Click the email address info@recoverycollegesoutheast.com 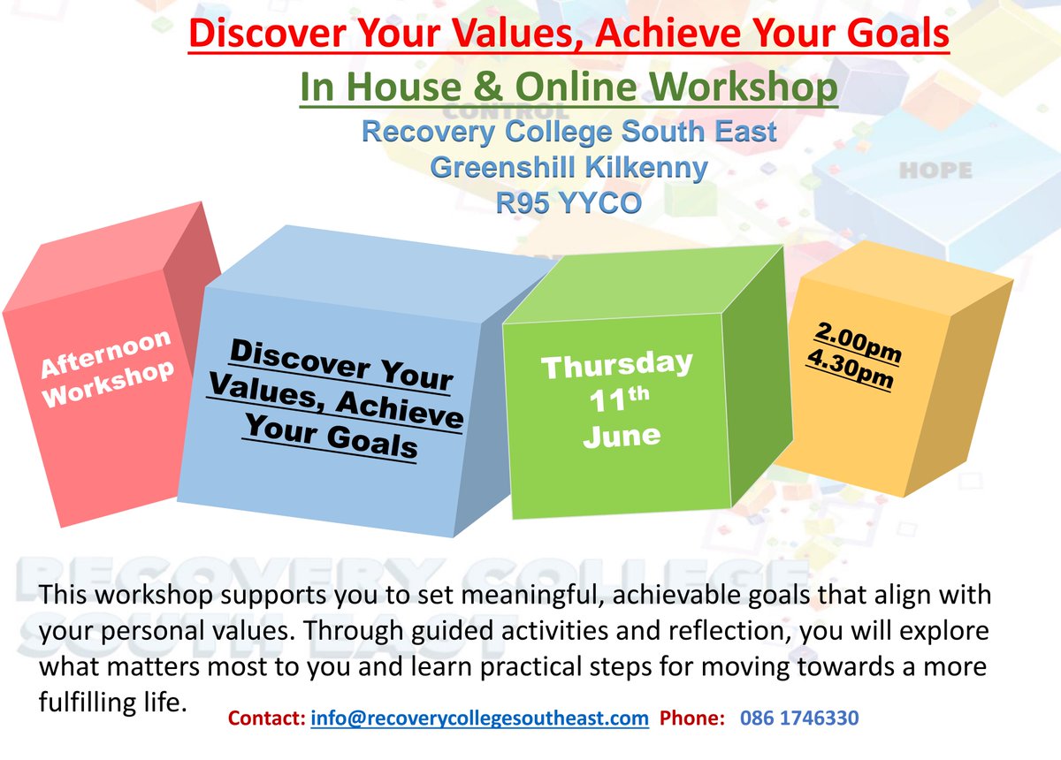click(479, 718)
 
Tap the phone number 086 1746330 click(799, 718)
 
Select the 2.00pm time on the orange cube click(858, 342)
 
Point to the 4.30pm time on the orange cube click(851, 369)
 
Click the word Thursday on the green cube click(617, 365)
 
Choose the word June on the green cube click(622, 437)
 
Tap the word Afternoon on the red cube click(105, 353)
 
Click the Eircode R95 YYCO click(569, 203)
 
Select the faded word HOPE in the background click(936, 171)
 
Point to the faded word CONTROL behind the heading click(506, 112)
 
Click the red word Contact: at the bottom click(267, 718)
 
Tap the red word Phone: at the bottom click(692, 718)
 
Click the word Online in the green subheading click(576, 87)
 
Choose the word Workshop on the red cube click(109, 384)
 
